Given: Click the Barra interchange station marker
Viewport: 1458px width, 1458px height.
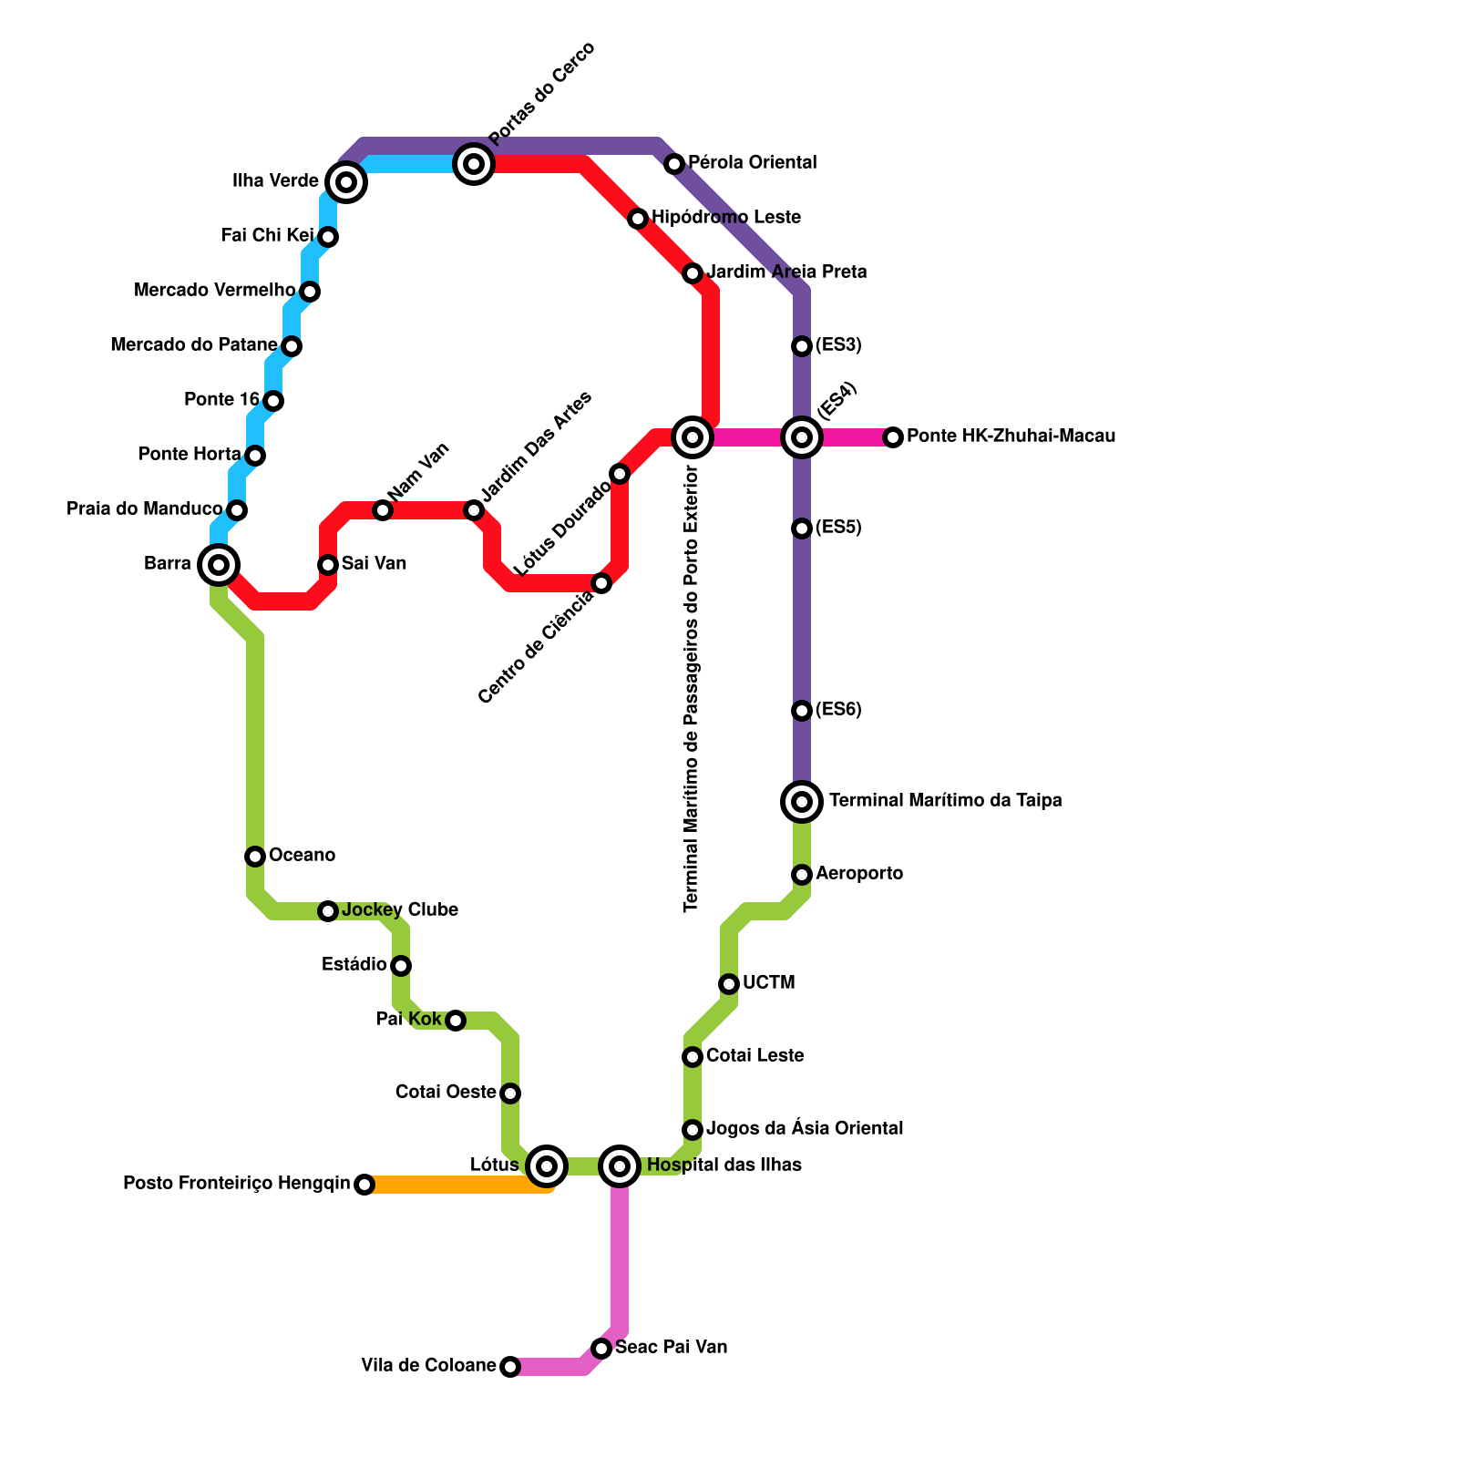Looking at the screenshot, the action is point(219,565).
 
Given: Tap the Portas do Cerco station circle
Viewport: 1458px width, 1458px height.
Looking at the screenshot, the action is point(474,164).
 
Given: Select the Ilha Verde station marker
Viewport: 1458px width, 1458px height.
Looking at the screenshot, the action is point(346,182).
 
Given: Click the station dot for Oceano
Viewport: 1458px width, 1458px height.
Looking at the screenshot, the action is point(255,857).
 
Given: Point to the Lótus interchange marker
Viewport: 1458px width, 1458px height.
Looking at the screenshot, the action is point(547,1165).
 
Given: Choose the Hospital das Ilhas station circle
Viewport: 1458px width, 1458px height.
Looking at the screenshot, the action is point(620,1165).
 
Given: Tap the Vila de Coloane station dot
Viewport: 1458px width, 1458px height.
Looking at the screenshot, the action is point(510,1367).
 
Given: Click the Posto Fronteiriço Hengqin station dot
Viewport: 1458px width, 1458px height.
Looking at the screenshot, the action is point(364,1185).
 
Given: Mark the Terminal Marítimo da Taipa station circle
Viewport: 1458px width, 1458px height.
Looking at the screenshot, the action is point(802,802).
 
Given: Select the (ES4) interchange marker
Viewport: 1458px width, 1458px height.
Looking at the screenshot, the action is point(802,437).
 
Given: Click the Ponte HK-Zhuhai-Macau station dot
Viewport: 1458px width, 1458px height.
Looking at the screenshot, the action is point(893,437).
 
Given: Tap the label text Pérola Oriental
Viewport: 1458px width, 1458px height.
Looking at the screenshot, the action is point(752,163).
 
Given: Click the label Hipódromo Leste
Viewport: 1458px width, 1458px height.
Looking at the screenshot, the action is point(726,218).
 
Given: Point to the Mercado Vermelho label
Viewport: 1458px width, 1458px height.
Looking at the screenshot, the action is point(215,291).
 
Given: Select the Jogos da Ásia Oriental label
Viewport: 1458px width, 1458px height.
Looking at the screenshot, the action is point(805,1129).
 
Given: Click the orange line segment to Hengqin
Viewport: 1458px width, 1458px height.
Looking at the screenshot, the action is point(456,1185).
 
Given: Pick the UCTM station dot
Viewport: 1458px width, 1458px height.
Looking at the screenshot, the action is point(729,984).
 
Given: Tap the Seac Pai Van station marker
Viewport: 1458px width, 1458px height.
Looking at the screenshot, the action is point(601,1349).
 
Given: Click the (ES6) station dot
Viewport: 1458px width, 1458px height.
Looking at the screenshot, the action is point(802,711).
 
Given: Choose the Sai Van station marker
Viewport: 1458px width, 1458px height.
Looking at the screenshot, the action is point(328,565).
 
